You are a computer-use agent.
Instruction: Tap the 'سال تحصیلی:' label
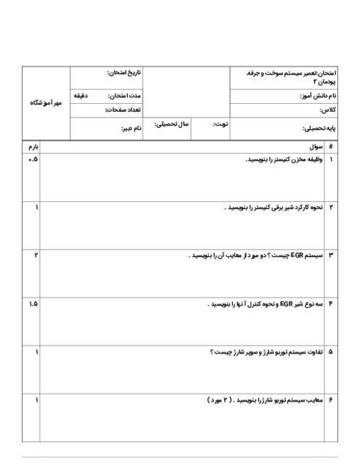[171, 124]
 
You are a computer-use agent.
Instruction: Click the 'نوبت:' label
[220, 124]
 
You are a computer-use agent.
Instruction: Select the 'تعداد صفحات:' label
[123, 110]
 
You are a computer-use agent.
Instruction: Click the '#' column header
[331, 147]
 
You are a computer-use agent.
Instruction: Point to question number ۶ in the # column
[331, 400]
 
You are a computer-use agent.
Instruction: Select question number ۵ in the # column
[331, 352]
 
